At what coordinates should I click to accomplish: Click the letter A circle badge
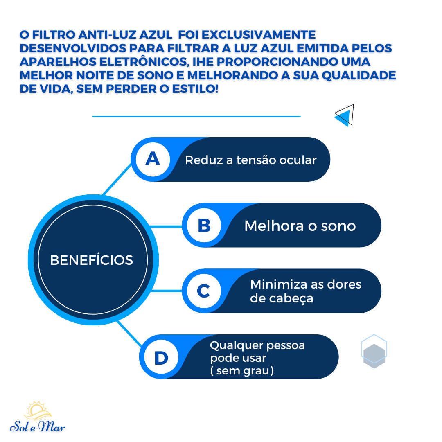[x=153, y=159]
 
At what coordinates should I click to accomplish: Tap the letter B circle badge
[x=204, y=225]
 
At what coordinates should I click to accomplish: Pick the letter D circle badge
[x=161, y=357]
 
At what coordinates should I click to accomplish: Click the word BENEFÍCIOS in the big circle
[x=92, y=260]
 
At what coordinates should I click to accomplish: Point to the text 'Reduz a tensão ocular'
[x=251, y=160]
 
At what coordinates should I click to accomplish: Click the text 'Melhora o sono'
[x=300, y=226]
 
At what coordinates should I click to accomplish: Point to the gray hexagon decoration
[x=374, y=356]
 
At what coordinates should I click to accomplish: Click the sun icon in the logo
[x=38, y=410]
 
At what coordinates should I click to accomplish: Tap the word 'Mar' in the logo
[x=52, y=426]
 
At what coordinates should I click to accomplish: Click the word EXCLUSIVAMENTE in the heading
[x=259, y=35]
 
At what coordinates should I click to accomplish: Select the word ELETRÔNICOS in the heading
[x=144, y=62]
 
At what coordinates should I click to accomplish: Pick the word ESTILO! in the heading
[x=195, y=89]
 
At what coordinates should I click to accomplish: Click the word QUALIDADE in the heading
[x=359, y=75]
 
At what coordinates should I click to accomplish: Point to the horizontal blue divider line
[x=196, y=116]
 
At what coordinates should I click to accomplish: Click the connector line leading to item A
[x=117, y=179]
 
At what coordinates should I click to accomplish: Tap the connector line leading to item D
[x=130, y=334]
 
